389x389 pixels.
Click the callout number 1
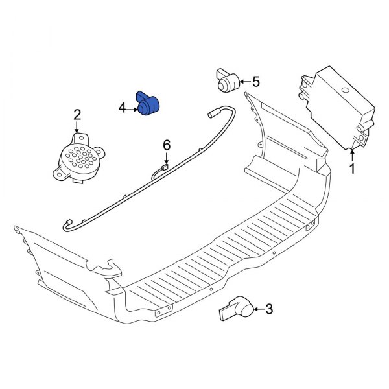tap(353, 170)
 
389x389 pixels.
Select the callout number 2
tap(77, 115)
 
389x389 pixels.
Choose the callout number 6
tap(167, 145)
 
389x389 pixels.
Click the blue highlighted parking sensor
tap(150, 104)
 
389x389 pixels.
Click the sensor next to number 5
tap(227, 80)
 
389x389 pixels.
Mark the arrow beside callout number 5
tap(242, 82)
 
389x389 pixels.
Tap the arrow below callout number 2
tap(77, 128)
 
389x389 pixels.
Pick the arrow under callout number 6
tap(167, 159)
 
